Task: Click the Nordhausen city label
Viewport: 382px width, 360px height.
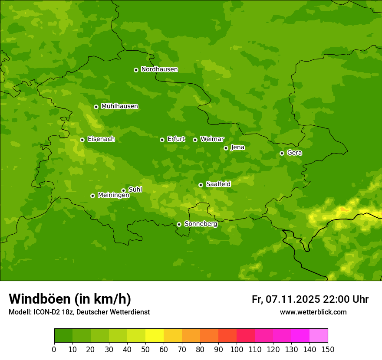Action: tap(159, 69)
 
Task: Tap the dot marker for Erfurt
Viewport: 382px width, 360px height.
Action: tap(162, 140)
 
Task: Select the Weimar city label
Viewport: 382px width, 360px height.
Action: tap(212, 139)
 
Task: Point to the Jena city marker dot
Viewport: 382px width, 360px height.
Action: tap(226, 148)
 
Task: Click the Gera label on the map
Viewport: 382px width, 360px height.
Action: tap(294, 153)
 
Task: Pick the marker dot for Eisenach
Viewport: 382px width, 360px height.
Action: tap(82, 140)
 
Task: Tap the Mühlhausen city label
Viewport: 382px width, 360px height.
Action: tap(119, 106)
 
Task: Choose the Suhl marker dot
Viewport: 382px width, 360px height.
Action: tap(123, 190)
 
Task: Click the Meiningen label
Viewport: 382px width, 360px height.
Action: tap(113, 195)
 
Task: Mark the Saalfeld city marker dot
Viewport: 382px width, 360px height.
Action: tap(201, 185)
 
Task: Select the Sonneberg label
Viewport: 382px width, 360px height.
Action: tap(201, 224)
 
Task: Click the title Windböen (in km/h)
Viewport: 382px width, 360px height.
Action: tap(70, 299)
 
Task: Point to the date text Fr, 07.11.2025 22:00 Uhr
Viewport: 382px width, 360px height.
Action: tap(310, 299)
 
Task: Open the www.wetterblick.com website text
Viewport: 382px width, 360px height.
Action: tap(313, 312)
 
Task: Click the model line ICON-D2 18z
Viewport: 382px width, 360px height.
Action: tap(79, 312)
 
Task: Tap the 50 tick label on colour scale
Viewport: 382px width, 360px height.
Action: tap(145, 349)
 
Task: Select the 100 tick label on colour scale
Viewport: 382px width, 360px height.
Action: tap(237, 349)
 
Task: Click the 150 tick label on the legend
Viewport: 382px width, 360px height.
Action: tap(328, 349)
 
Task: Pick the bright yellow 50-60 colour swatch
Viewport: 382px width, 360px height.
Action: tap(155, 336)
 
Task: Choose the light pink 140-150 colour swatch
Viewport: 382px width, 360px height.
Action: tap(319, 336)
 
